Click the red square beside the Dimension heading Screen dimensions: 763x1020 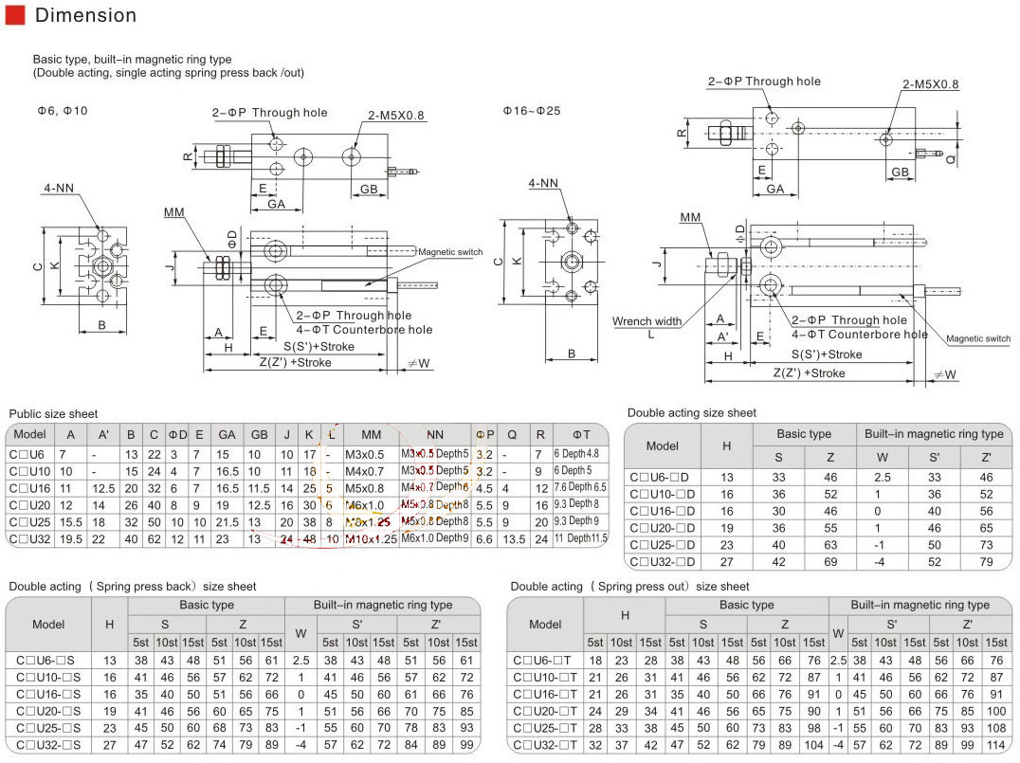coord(14,15)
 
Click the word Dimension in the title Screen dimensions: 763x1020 coord(85,15)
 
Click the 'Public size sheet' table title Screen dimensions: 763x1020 coord(53,414)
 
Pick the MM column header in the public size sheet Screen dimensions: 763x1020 coord(371,434)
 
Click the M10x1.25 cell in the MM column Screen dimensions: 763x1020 coord(371,538)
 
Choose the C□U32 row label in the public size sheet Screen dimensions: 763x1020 coord(30,538)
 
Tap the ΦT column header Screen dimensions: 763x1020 coord(582,434)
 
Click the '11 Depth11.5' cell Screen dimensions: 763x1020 coord(581,538)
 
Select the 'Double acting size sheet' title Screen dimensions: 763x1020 coord(691,413)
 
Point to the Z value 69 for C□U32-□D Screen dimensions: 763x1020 coord(829,563)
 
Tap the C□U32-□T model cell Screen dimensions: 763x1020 coord(544,745)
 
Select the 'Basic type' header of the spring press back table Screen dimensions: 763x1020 coord(207,605)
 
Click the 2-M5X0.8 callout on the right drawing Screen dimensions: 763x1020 coord(930,84)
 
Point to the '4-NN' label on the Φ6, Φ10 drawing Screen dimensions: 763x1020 coord(59,188)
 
